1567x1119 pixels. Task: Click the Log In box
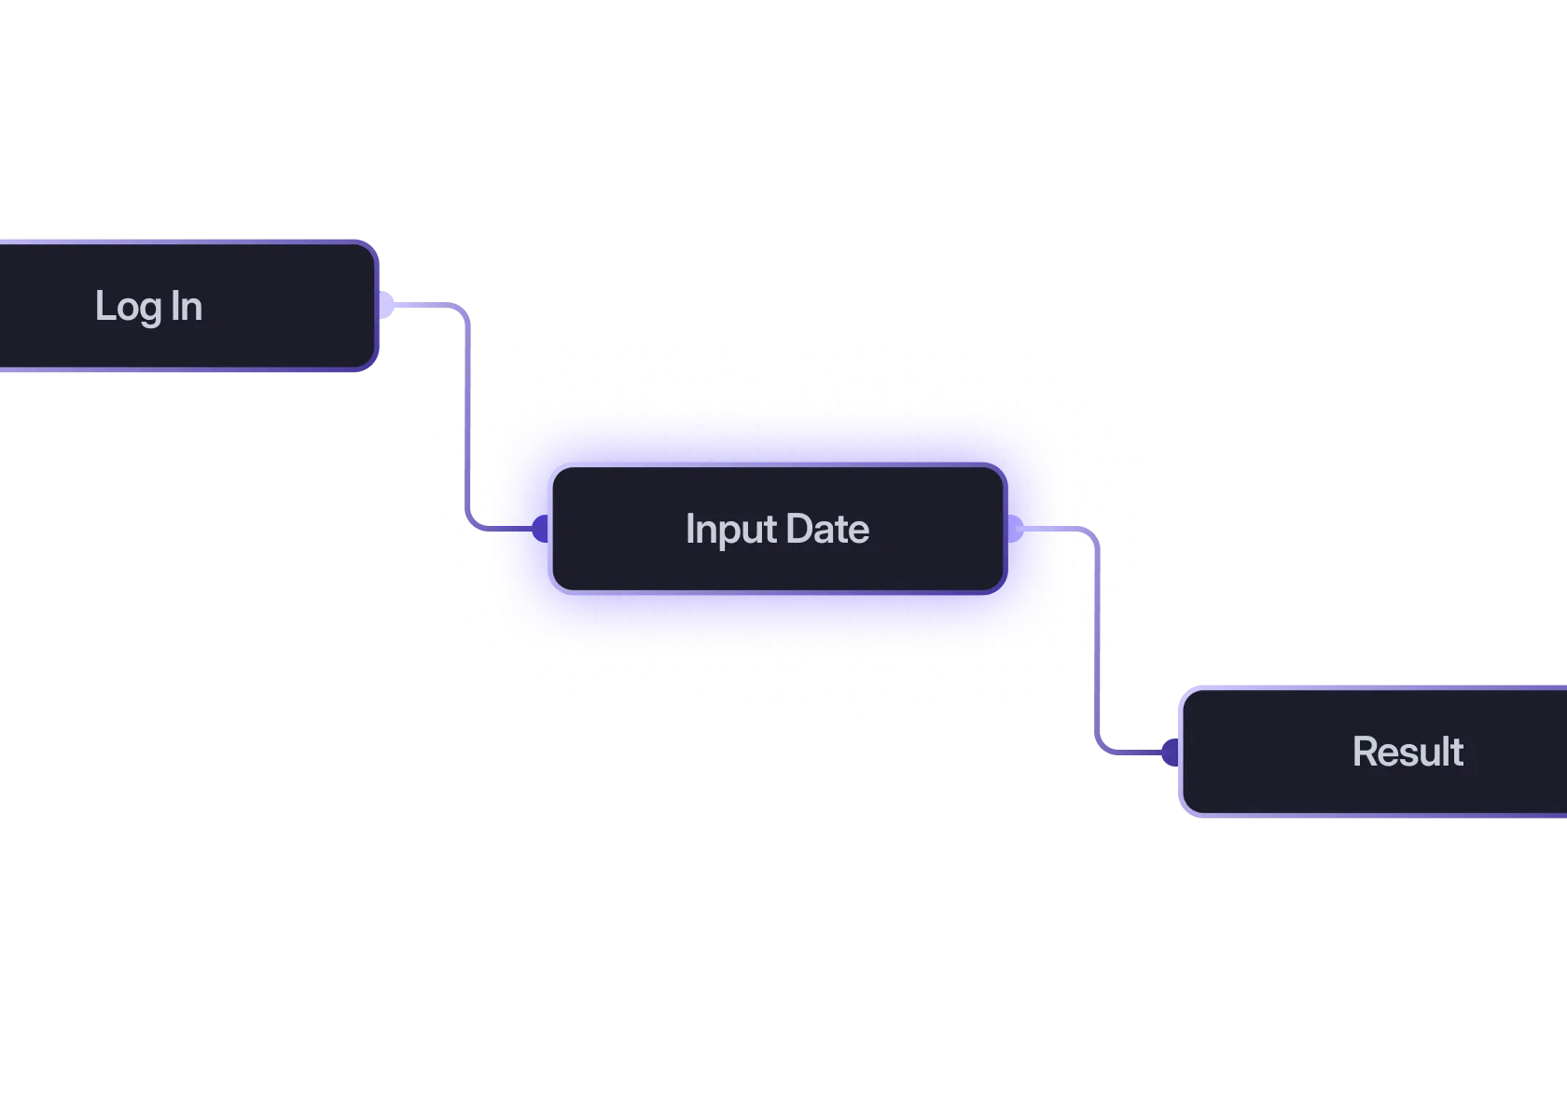(187, 306)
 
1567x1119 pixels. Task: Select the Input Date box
(777, 529)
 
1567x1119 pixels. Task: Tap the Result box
(1371, 752)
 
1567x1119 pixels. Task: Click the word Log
(128, 307)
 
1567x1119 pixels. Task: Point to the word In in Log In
(187, 306)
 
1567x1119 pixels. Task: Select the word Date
(827, 529)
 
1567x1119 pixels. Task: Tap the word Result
(1408, 752)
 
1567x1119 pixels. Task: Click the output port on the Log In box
(386, 305)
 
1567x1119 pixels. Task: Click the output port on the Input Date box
(1015, 529)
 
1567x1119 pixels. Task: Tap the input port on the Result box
(1169, 752)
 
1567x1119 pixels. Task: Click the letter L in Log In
(103, 306)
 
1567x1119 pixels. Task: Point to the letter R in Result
(1364, 752)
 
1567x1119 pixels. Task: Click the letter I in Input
(689, 529)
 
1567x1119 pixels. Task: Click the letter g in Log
(152, 310)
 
